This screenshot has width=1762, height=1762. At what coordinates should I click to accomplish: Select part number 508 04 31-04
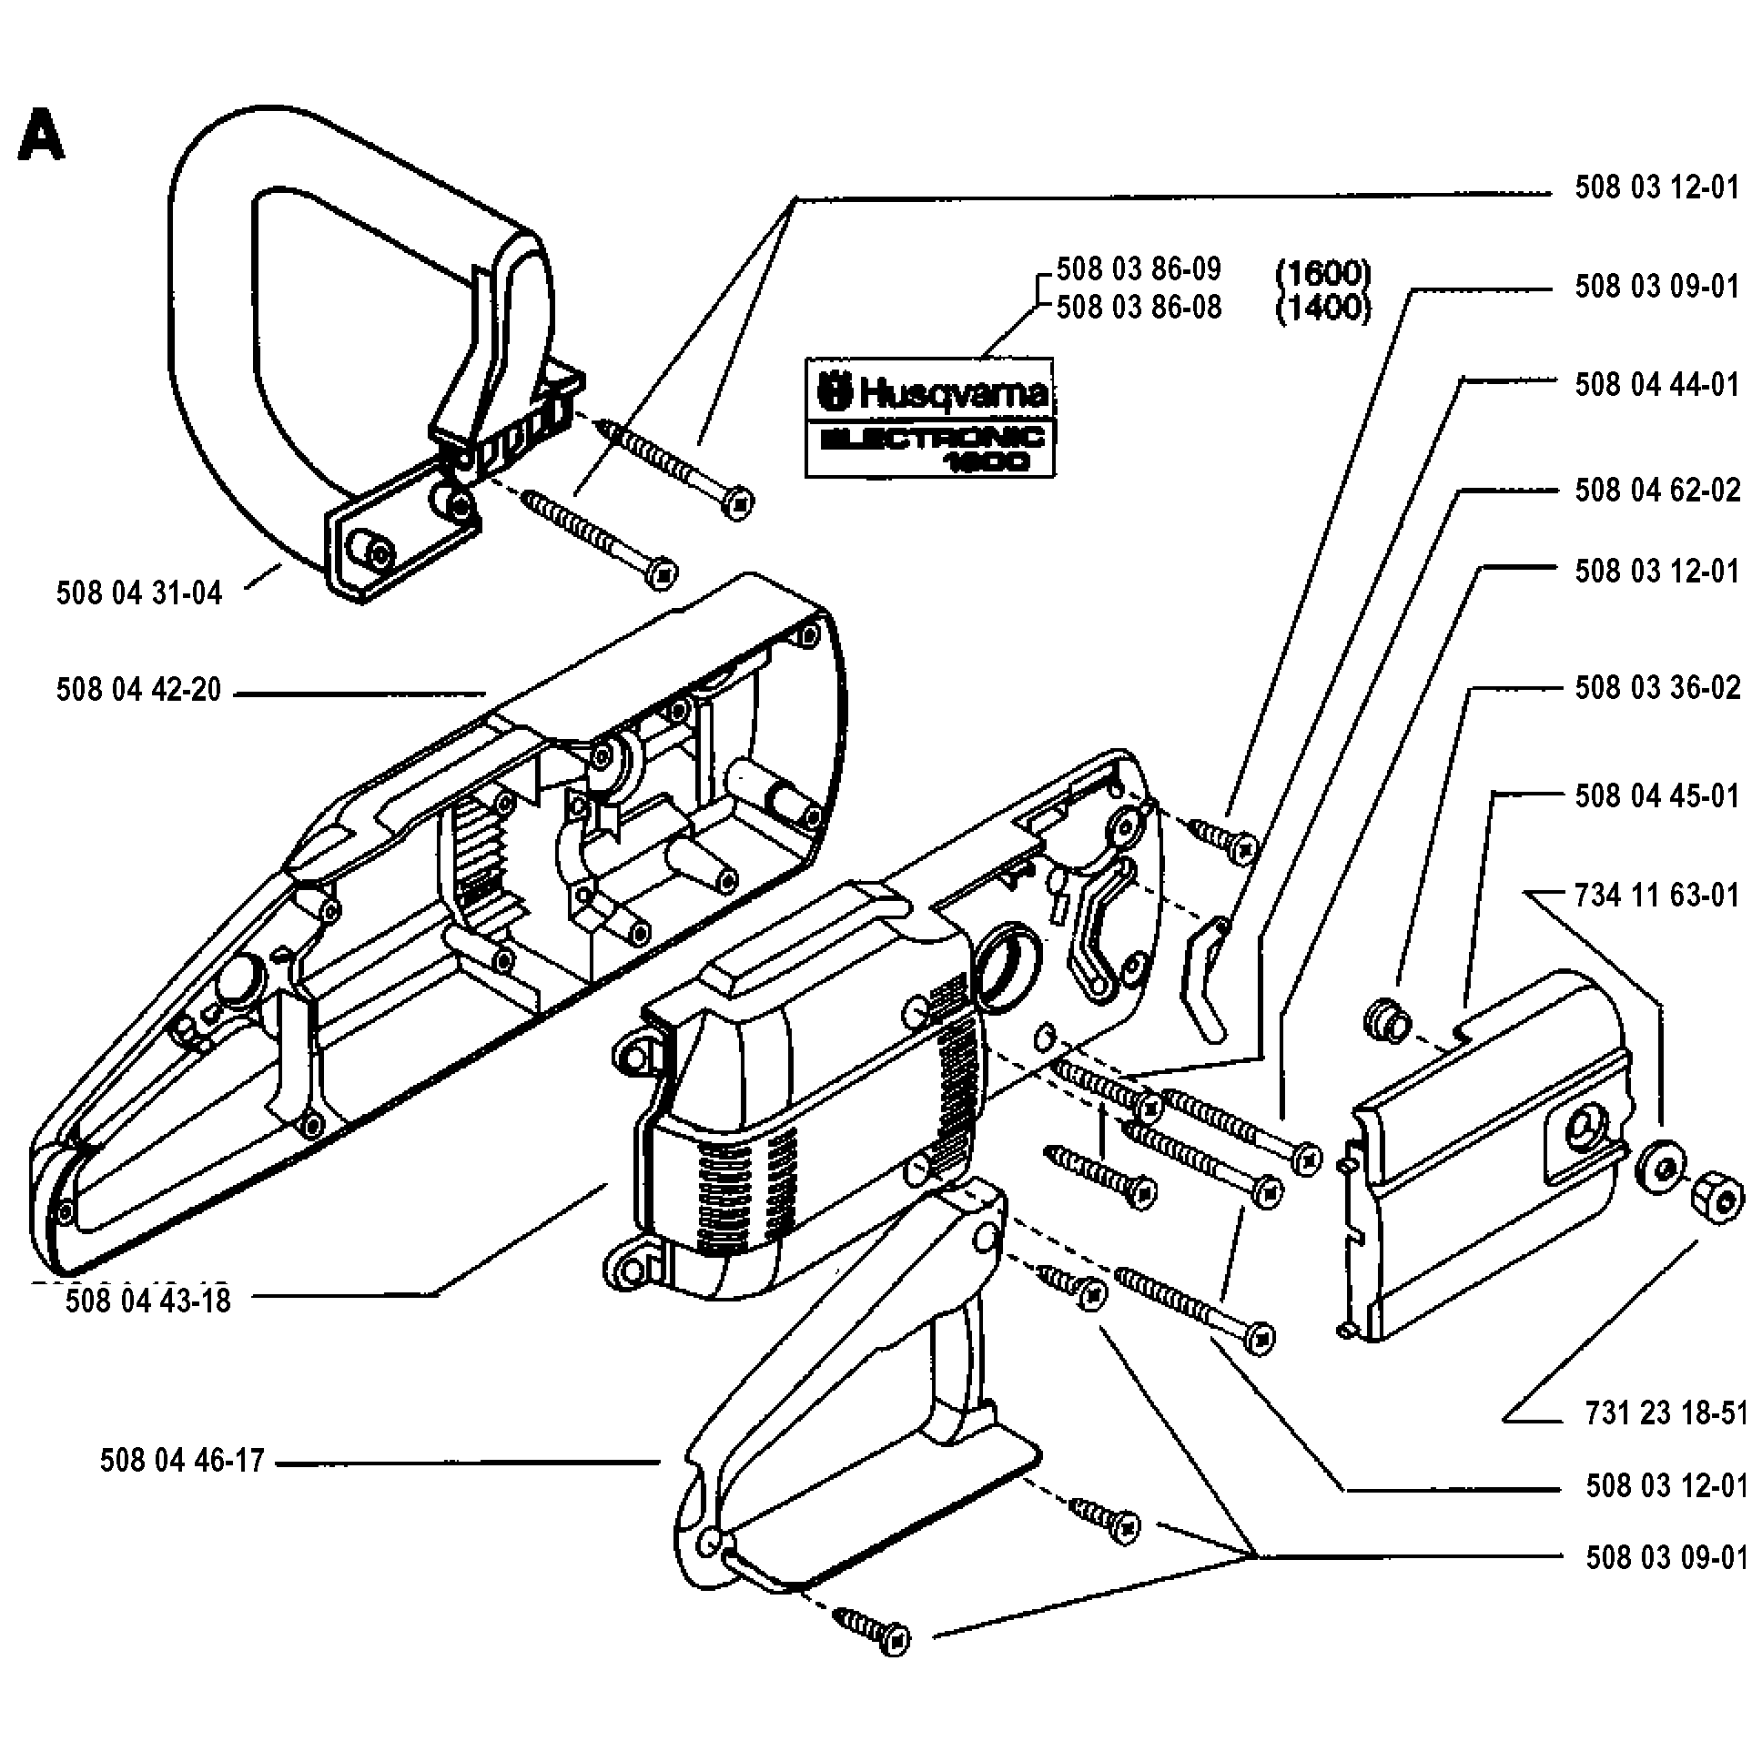tap(138, 593)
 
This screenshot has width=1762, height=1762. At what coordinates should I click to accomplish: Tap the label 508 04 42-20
tap(138, 691)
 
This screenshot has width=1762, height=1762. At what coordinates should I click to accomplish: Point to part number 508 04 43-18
tap(147, 1301)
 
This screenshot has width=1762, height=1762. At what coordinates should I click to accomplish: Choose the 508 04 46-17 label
tap(181, 1461)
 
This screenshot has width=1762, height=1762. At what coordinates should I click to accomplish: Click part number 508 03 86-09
tap(1139, 269)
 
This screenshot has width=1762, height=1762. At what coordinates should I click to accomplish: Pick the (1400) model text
tap(1322, 309)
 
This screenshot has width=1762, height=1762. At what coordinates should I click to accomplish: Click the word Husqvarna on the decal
tap(953, 394)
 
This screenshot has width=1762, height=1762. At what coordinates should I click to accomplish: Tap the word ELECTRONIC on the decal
tap(932, 439)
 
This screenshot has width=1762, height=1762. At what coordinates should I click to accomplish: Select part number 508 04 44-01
tap(1656, 385)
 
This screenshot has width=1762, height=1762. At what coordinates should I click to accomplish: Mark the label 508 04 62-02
tap(1656, 491)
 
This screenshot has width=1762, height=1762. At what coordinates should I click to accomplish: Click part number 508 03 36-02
tap(1656, 688)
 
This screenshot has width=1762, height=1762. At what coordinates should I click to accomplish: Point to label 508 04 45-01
tap(1656, 796)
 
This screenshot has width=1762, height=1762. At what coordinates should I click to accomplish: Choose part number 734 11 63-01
tap(1656, 896)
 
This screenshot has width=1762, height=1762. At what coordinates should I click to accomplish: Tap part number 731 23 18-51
tap(1666, 1413)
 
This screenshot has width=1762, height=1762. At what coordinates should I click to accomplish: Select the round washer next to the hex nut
tap(1661, 1170)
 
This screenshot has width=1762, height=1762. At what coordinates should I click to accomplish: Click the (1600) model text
tap(1322, 272)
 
